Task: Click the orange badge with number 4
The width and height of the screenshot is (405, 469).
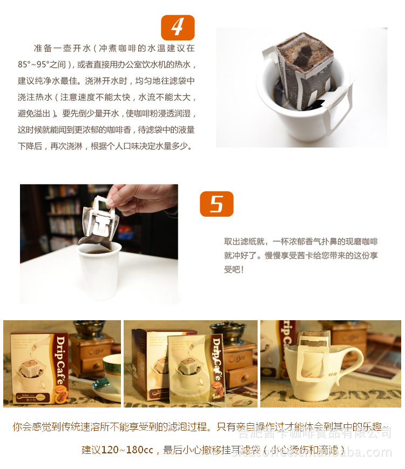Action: click(x=178, y=27)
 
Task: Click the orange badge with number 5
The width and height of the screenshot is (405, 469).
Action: click(x=217, y=204)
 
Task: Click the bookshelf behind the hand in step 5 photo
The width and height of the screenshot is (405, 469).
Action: click(x=59, y=221)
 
